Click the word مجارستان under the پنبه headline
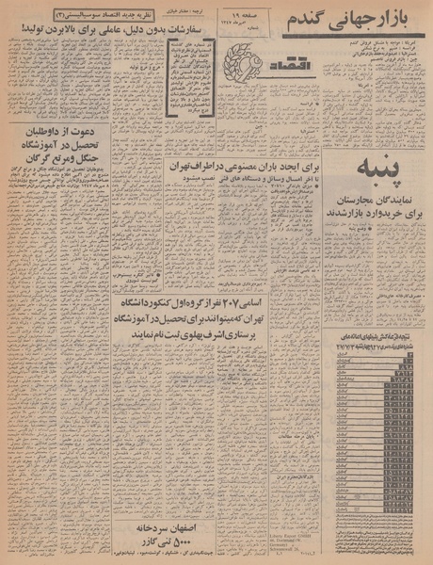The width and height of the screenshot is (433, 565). [x=359, y=202]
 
